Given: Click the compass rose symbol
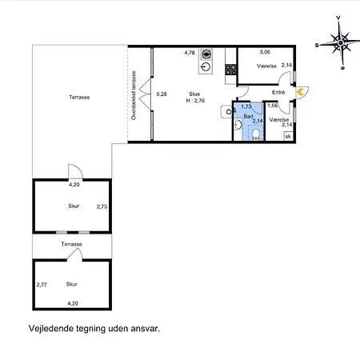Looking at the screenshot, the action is (340, 42).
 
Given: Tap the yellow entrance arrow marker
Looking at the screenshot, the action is (300, 92).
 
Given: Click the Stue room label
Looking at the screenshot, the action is (194, 94).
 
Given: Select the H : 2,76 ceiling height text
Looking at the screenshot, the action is (195, 101).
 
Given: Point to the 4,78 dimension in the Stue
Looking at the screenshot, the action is (190, 53).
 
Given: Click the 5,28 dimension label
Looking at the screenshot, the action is (162, 94).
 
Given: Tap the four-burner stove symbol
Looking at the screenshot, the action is (230, 70).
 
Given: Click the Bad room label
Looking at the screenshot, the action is (248, 117).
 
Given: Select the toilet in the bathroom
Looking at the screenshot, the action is (256, 134).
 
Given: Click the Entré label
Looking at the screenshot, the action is (278, 92).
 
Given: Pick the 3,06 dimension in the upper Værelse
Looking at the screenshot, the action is (265, 52).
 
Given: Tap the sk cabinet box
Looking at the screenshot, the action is (288, 136).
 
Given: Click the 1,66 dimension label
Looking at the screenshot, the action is (273, 106).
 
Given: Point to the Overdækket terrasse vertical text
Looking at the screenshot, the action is (134, 95).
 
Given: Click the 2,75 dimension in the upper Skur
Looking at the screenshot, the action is (102, 206).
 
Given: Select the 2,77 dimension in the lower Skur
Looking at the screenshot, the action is (42, 285).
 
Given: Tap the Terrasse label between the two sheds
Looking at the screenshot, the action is (71, 244).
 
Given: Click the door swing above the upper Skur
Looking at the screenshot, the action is (75, 171).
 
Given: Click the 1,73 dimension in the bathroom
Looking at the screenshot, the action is (246, 106).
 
